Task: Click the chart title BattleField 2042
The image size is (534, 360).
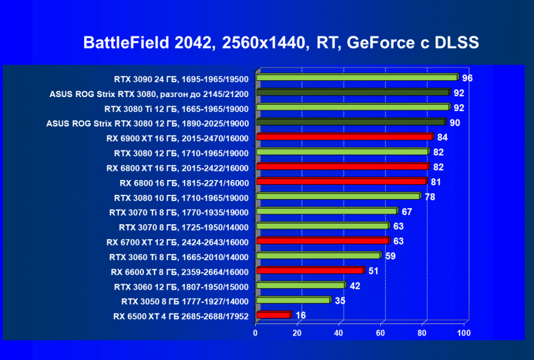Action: [281, 43]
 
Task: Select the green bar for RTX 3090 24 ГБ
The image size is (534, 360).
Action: [357, 77]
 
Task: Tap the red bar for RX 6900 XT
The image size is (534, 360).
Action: [344, 137]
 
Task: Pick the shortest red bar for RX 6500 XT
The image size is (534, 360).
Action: [273, 316]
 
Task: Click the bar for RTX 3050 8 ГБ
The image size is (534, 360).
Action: [293, 300]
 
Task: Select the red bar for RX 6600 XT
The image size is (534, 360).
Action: [310, 271]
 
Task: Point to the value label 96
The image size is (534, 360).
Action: [467, 78]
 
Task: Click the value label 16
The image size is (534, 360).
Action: [301, 316]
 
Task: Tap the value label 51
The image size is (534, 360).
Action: [374, 271]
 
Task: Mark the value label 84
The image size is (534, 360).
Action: [443, 137]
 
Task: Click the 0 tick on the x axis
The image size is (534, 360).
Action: [256, 333]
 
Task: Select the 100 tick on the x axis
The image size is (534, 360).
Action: [463, 333]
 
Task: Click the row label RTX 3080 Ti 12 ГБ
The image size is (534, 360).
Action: [176, 108]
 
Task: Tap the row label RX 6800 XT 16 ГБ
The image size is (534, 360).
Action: [178, 167]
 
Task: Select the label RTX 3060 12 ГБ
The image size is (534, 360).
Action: [181, 286]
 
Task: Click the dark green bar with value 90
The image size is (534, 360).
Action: [351, 122]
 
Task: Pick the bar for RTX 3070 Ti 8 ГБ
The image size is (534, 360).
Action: [327, 211]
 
